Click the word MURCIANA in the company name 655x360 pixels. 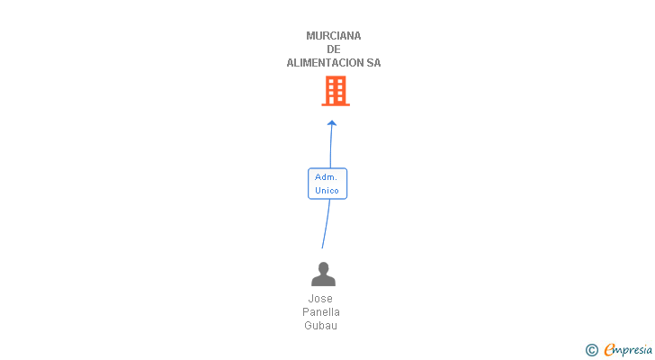tap(334, 36)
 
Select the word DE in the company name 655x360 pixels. tap(334, 49)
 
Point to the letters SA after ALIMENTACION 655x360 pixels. tap(373, 63)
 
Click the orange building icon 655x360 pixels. tap(336, 90)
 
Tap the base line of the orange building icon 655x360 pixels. tap(336, 104)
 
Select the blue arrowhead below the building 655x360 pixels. tap(332, 123)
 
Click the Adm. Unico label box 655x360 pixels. tap(327, 184)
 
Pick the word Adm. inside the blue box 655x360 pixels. tap(326, 177)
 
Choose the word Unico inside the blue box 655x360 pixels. tap(327, 191)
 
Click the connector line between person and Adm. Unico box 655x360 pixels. tap(326, 225)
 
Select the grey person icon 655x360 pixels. tap(322, 274)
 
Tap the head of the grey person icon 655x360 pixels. tap(322, 268)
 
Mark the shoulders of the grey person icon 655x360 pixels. tap(322, 281)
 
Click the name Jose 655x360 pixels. tap(320, 299)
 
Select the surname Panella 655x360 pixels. tap(321, 312)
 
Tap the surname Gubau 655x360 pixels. tap(321, 326)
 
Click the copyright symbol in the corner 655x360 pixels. tap(591, 349)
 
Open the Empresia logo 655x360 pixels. tap(627, 349)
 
